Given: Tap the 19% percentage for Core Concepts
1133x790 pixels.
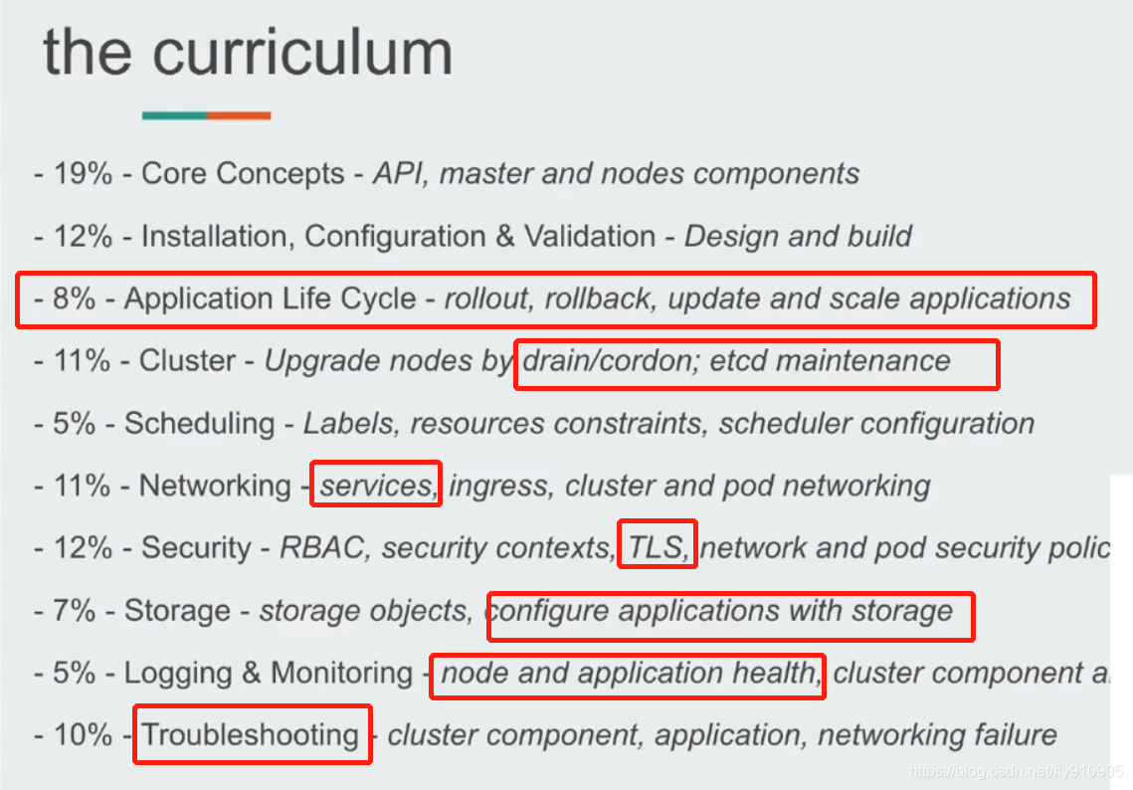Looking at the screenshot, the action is (83, 174).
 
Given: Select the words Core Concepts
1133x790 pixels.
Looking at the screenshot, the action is (243, 174).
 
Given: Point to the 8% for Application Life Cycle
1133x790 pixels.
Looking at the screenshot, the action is (75, 298).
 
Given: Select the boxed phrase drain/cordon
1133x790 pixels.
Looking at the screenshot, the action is (607, 360).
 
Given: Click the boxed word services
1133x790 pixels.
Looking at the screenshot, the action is (374, 486).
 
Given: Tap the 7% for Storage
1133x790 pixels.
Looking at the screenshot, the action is (75, 610).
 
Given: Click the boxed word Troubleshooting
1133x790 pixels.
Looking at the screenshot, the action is (251, 735).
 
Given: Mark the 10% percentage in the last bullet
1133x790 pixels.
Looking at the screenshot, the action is (83, 735).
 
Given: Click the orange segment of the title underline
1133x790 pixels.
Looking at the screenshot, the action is (239, 115).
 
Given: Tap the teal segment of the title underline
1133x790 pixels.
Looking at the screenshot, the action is (174, 115).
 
